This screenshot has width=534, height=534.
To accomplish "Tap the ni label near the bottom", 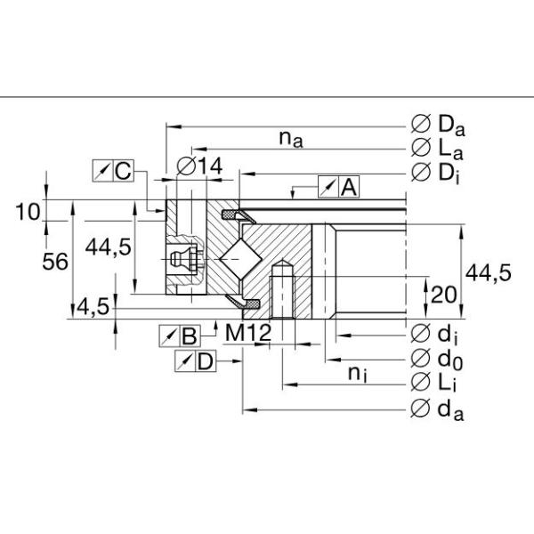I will tap(357, 374).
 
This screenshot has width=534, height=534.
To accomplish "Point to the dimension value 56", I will tap(55, 262).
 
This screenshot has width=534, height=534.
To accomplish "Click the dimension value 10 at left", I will tap(28, 211).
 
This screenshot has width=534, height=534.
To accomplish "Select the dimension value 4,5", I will tap(93, 307).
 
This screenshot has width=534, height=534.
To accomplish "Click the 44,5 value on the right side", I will tap(489, 274).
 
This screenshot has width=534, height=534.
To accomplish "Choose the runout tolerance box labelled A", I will tap(338, 187).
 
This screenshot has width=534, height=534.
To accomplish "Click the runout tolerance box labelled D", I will tap(195, 360).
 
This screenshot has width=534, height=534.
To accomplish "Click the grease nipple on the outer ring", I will tap(183, 260).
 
